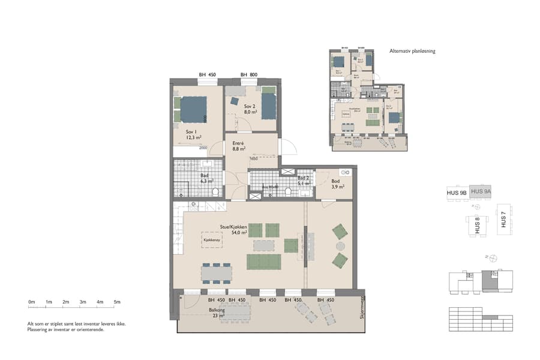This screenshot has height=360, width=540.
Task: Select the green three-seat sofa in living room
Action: (264, 262)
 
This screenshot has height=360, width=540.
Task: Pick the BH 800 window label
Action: (249, 75)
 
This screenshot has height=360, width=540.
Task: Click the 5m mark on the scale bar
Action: (117, 302)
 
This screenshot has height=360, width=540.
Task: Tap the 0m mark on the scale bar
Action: (32, 302)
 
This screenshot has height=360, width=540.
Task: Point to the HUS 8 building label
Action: (478, 225)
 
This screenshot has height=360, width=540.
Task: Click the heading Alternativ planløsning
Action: (412, 52)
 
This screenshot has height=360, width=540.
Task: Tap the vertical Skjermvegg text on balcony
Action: (362, 307)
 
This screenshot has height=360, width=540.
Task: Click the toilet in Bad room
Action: (215, 192)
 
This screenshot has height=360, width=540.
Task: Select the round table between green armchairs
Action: (340, 246)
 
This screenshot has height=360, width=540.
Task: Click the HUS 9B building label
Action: (457, 193)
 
